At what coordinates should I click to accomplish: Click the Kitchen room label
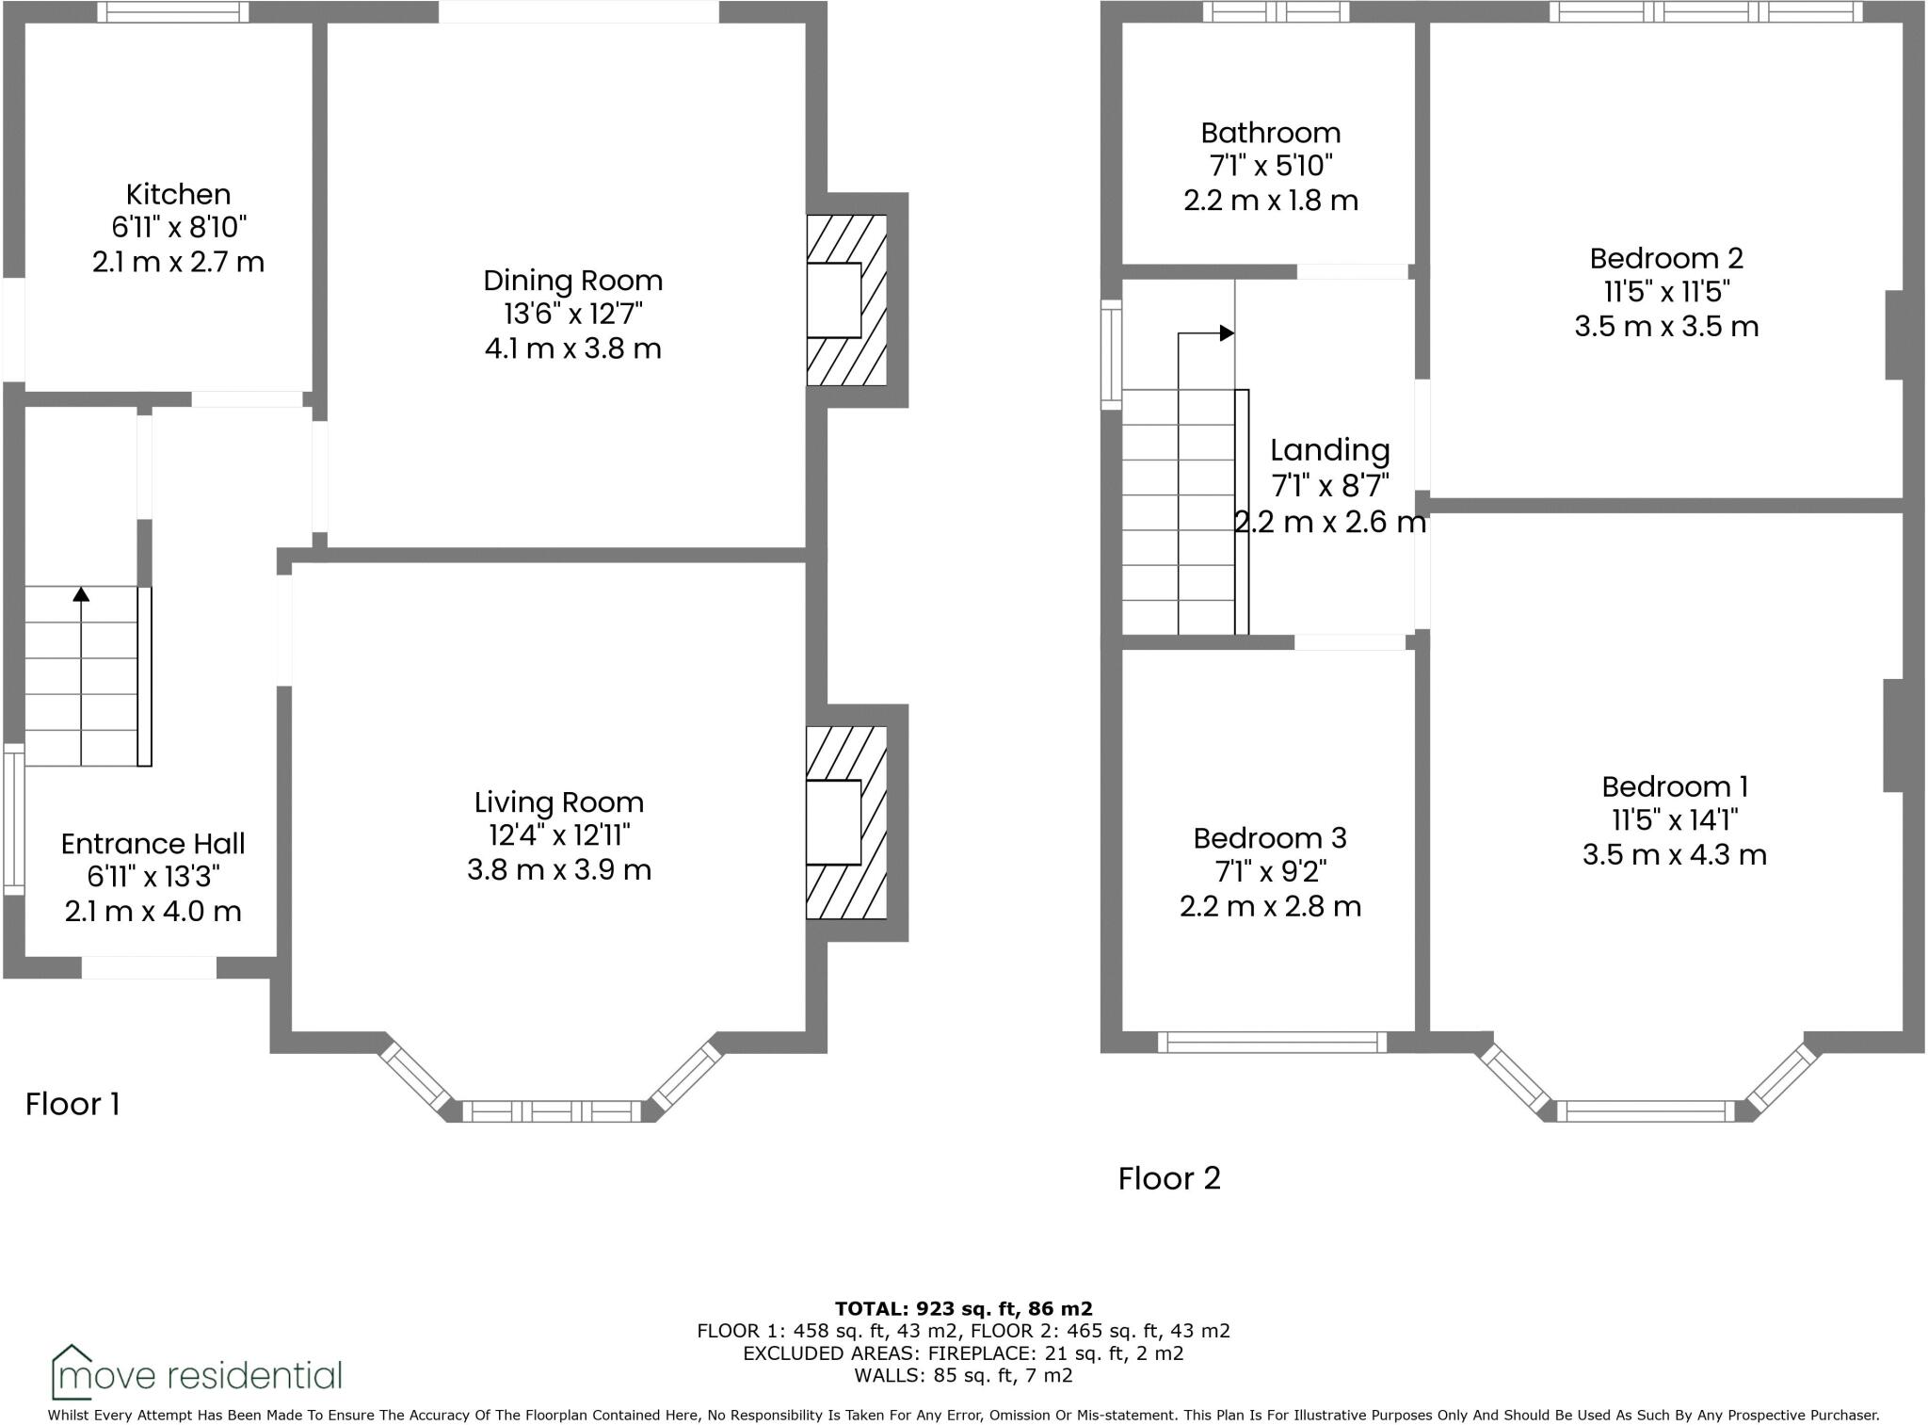[178, 194]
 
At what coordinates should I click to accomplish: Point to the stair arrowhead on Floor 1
[81, 593]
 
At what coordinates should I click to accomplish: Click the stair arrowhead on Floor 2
[1226, 332]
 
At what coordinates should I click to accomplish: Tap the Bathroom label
[1270, 133]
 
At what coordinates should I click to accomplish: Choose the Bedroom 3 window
[1271, 1042]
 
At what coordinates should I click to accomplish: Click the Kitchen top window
[173, 12]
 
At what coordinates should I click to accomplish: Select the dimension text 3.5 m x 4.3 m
[1674, 854]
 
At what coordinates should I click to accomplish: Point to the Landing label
[1329, 450]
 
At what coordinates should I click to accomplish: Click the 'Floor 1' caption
[72, 1104]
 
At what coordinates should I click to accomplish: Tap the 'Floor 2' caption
[1168, 1178]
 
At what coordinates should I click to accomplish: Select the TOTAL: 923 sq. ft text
[963, 1308]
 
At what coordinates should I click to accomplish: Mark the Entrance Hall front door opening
[149, 967]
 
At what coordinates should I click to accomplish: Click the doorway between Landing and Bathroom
[1352, 271]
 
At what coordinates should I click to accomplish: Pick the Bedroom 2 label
[1666, 258]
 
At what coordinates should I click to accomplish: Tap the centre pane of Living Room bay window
[552, 1111]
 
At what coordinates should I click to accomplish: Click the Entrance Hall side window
[13, 818]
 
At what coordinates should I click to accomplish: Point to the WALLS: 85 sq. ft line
[963, 1375]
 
